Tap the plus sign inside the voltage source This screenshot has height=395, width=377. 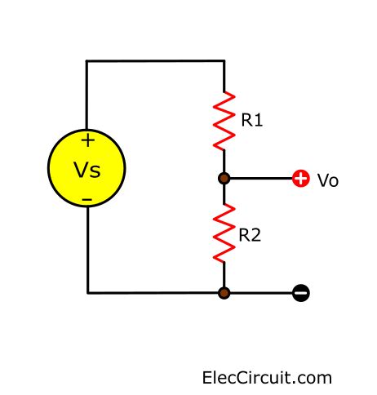coord(87,140)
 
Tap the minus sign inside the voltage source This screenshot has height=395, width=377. coord(87,199)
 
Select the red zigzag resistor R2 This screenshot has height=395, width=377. coord(224,234)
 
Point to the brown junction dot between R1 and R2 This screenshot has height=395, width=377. coord(224,178)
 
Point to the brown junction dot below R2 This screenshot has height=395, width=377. coord(224,292)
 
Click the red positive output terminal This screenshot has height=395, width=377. coord(300,178)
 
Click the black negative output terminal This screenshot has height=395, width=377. coord(300,292)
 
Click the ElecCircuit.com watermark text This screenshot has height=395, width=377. coord(267,378)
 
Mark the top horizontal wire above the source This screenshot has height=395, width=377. coord(155,60)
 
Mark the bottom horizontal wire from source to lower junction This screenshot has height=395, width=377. coord(155,292)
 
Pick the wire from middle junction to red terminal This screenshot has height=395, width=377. coord(261,178)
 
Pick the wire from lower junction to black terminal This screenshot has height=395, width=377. coord(261,292)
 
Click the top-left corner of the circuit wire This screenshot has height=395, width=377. coord(87,60)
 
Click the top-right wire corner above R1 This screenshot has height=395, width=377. coord(224,60)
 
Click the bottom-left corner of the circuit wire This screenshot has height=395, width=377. coord(87,292)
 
